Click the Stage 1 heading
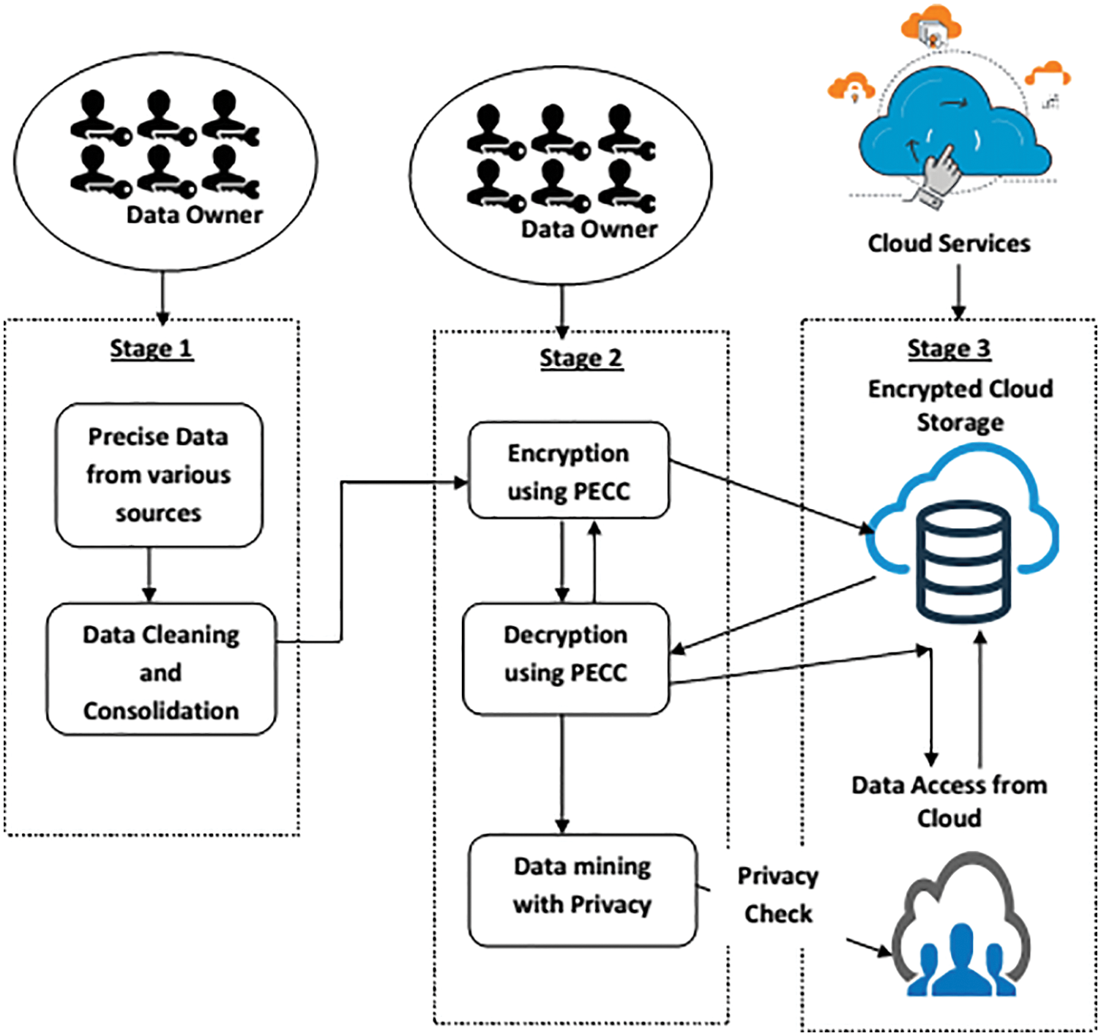(152, 348)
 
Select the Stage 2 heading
(581, 359)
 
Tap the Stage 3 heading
(949, 348)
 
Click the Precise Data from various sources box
(159, 475)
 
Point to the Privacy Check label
(777, 894)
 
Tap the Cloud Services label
(949, 243)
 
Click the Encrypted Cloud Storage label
(960, 405)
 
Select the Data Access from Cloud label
(949, 801)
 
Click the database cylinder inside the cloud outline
(963, 562)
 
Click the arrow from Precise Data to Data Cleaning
(149, 575)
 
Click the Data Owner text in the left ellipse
(194, 214)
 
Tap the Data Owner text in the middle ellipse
(589, 229)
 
